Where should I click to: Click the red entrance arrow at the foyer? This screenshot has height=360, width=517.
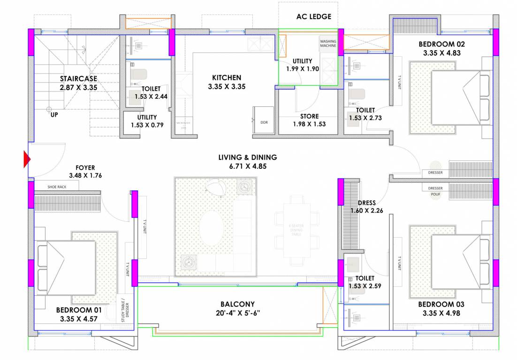tap(27, 160)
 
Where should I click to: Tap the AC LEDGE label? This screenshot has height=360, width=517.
tap(313, 17)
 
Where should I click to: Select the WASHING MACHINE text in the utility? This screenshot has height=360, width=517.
tap(328, 44)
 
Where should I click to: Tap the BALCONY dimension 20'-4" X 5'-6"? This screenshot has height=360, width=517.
tap(237, 313)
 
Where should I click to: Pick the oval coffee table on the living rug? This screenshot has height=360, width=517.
tap(212, 228)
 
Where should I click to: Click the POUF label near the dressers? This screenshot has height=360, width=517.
tap(436, 194)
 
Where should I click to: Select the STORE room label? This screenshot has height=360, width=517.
tap(309, 116)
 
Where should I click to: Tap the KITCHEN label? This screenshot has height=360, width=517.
tap(227, 78)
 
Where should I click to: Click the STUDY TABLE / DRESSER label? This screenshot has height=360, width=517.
tap(123, 309)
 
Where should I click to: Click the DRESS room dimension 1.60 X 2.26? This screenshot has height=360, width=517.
tap(366, 210)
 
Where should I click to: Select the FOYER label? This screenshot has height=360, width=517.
tap(85, 167)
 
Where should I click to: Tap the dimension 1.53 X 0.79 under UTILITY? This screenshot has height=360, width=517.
tap(147, 125)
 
